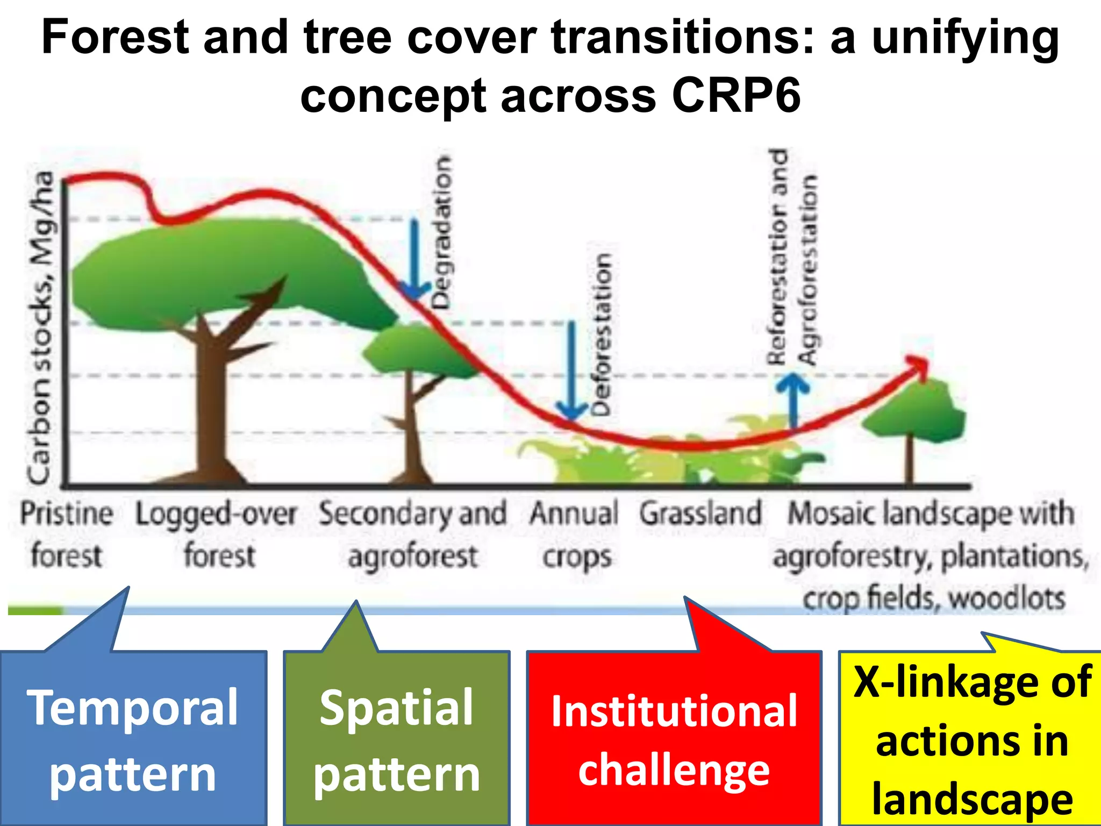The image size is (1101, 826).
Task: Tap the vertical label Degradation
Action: (x=442, y=232)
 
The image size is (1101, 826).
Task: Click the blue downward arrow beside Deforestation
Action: (x=572, y=371)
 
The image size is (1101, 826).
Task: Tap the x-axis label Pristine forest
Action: (x=67, y=533)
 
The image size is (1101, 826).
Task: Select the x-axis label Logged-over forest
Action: (x=216, y=533)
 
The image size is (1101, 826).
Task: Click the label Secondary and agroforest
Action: (x=413, y=533)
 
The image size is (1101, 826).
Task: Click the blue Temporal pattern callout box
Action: (x=133, y=739)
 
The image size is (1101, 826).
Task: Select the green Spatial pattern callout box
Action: (x=397, y=739)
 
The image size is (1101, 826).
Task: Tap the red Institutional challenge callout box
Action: (x=674, y=739)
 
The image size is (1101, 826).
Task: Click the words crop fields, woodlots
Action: (x=934, y=598)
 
